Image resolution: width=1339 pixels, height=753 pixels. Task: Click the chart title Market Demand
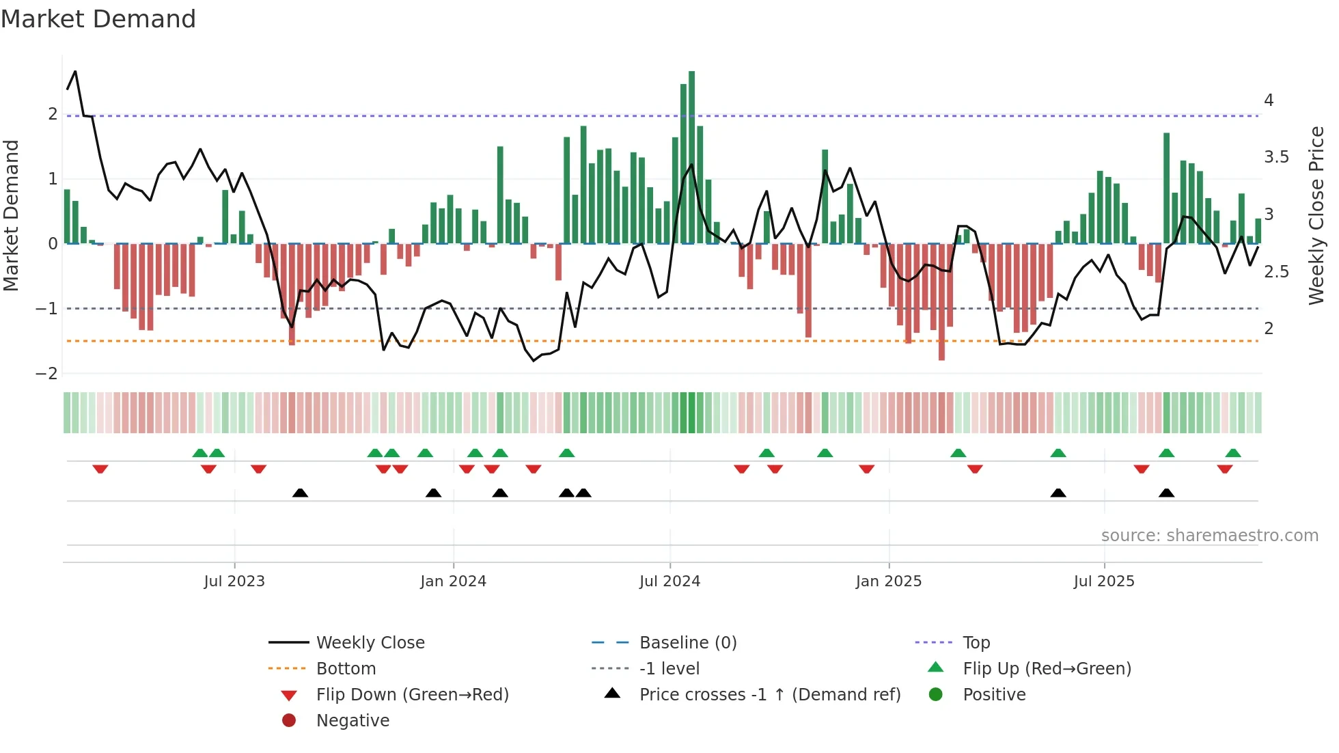[98, 19]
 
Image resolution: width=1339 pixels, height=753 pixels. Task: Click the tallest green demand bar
[691, 157]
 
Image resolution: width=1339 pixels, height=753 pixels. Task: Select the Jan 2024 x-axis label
[453, 581]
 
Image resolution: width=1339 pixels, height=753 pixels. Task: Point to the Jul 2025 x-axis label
[1103, 581]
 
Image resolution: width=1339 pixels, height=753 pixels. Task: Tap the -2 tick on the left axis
[47, 374]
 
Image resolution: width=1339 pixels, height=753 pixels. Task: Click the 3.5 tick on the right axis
[1276, 157]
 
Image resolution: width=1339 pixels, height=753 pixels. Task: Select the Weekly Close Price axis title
[1316, 215]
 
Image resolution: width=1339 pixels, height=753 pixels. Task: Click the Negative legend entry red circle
[289, 721]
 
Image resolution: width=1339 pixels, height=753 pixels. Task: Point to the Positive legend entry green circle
[936, 695]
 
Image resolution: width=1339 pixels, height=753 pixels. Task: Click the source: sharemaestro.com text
[1209, 536]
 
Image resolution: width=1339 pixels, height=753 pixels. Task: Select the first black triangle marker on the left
[300, 493]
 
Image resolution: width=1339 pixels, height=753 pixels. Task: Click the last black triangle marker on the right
[1166, 493]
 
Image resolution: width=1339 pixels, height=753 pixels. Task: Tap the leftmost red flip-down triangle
[100, 469]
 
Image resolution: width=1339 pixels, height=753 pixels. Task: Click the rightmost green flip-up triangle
[1232, 453]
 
